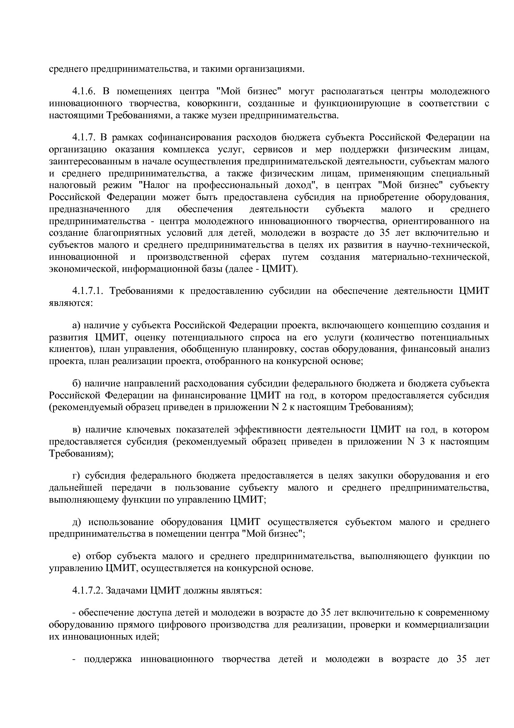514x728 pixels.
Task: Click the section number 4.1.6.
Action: click(84, 91)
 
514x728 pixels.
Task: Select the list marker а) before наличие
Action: click(76, 325)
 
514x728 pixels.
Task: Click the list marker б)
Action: click(76, 384)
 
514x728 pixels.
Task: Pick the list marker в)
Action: click(76, 430)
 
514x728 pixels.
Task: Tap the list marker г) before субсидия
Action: click(75, 476)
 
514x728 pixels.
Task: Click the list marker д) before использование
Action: click(76, 522)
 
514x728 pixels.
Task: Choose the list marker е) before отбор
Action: click(75, 556)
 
